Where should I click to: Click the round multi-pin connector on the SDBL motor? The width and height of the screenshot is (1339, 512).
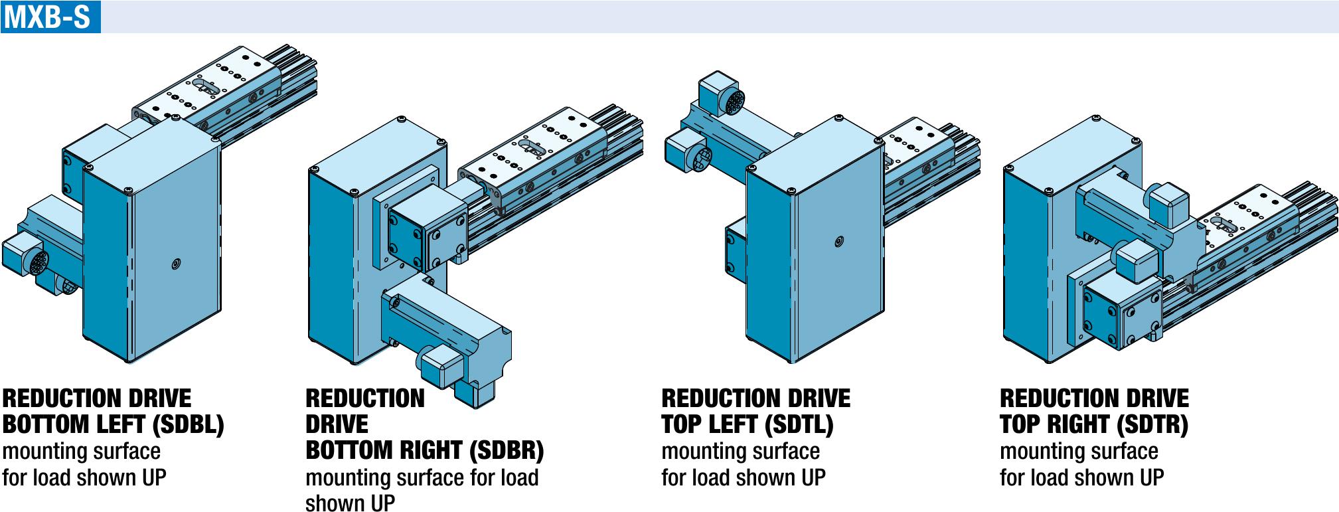click(x=39, y=263)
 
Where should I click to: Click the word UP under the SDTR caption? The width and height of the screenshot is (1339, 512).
click(x=1152, y=477)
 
